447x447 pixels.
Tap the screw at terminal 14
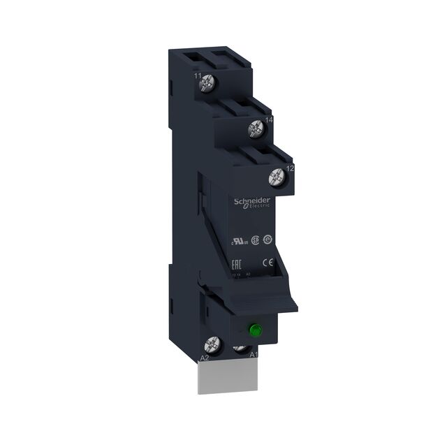click(x=256, y=128)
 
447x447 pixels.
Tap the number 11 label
click(x=197, y=75)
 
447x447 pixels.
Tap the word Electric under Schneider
click(x=262, y=205)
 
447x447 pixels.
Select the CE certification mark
click(x=266, y=263)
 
